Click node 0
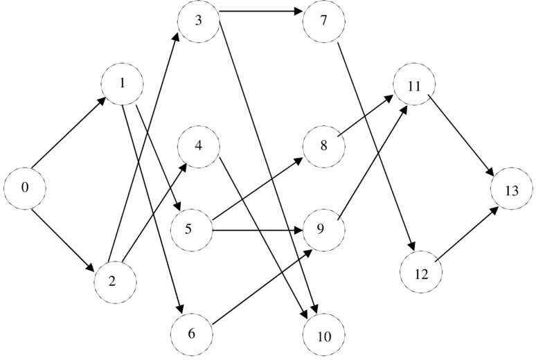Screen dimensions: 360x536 pos(24,187)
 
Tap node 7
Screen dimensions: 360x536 pos(323,19)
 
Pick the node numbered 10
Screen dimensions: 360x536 pos(323,336)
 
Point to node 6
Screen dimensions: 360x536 pos(191,333)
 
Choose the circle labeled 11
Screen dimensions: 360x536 pos(414,87)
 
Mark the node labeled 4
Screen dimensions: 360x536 pos(199,147)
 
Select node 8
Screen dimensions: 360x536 pos(323,147)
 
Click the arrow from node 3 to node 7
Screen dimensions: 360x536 pos(261,12)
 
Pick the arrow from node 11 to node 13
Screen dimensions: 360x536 pos(462,137)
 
